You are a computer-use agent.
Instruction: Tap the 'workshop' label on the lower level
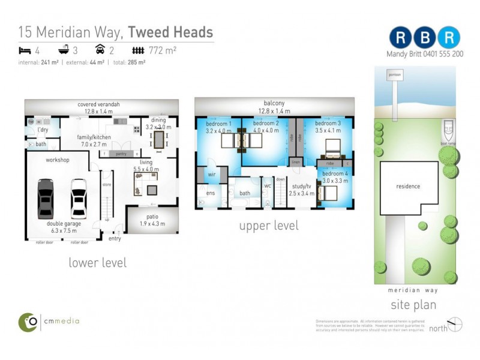click(x=58, y=160)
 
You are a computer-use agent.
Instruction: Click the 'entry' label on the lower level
click(x=114, y=239)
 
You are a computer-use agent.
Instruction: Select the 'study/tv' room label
click(x=301, y=187)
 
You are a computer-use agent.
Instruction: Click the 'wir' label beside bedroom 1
click(x=212, y=175)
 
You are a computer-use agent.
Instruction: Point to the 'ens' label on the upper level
click(x=211, y=193)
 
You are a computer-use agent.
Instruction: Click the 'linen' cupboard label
click(x=295, y=163)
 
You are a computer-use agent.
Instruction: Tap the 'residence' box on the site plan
click(x=408, y=187)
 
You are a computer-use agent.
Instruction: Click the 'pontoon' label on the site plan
click(x=394, y=74)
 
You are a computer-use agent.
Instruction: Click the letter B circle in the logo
click(x=426, y=37)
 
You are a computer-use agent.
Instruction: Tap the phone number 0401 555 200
click(x=443, y=54)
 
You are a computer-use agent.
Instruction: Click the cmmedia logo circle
click(x=28, y=322)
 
